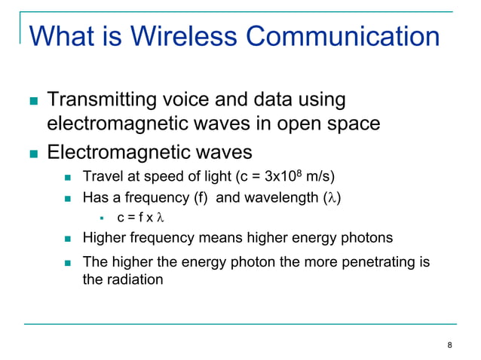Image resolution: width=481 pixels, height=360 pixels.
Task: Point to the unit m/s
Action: coord(317,178)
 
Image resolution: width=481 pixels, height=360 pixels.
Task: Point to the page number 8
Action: coord(450,345)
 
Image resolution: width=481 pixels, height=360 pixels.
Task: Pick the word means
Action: coord(213,238)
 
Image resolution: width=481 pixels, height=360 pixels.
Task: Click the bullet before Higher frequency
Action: coord(68,239)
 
